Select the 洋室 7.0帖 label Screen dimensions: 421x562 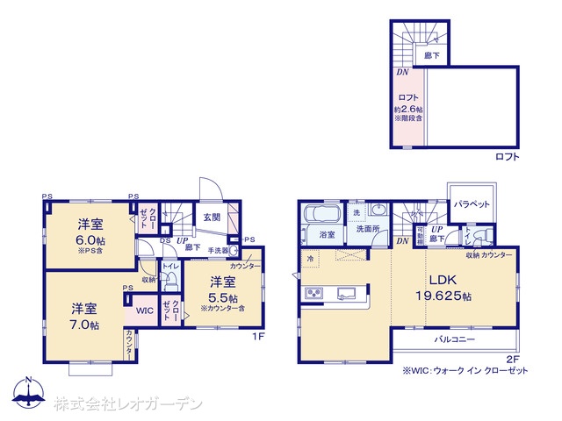coord(84,316)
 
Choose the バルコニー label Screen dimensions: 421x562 coord(453,339)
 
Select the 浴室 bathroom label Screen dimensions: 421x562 coord(328,235)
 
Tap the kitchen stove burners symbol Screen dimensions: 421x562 coord(314,293)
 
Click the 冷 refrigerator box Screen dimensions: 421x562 coord(310,259)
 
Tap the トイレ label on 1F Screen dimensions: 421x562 coord(170,265)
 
